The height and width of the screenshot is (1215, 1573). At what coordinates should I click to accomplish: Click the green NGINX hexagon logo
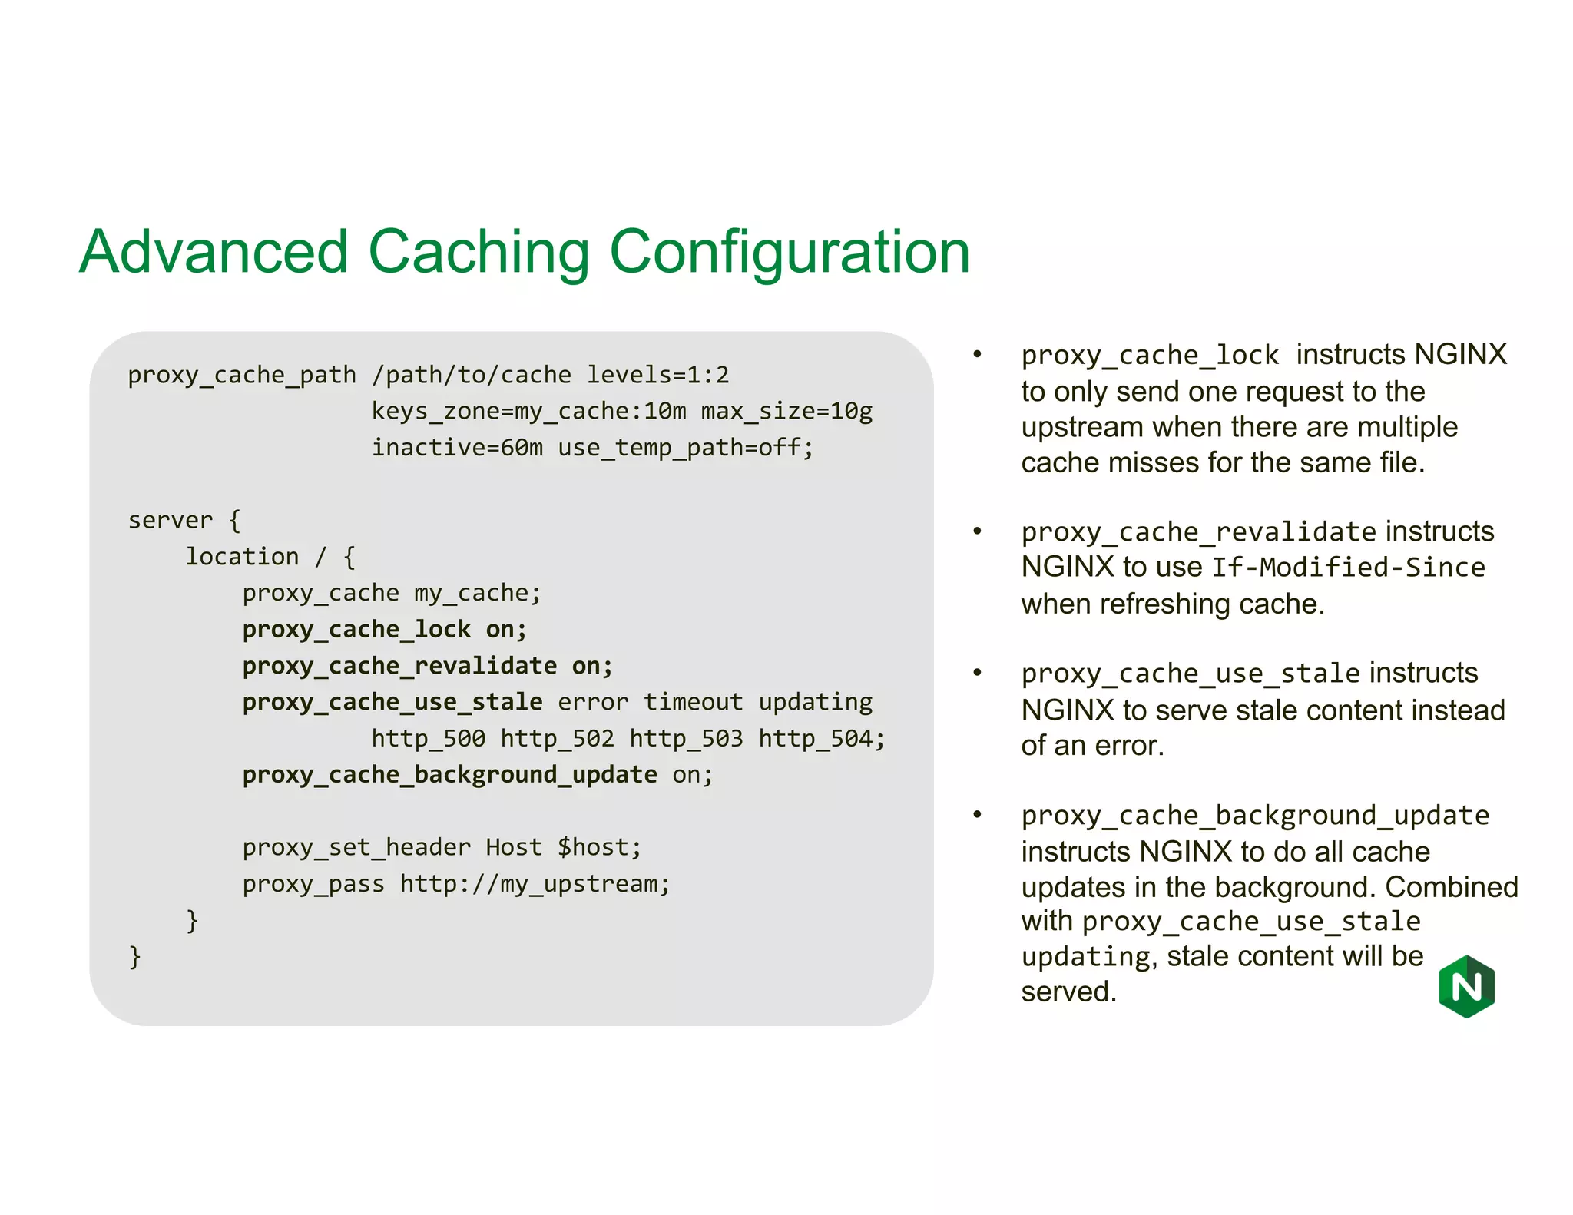(x=1466, y=986)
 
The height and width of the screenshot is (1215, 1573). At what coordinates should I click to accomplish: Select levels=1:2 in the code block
(x=657, y=375)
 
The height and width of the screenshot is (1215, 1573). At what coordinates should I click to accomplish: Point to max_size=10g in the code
(x=786, y=412)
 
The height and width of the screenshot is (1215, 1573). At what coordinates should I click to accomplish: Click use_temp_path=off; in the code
(x=685, y=447)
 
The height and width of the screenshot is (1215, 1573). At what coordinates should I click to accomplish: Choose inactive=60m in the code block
(x=457, y=447)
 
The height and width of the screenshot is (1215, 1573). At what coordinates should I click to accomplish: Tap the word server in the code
(x=170, y=520)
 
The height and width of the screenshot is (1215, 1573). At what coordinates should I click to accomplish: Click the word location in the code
(x=242, y=556)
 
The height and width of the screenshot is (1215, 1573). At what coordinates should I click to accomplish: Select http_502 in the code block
(x=557, y=739)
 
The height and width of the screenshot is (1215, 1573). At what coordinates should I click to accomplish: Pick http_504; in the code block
(x=821, y=739)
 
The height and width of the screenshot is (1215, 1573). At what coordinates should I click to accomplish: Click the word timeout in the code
(x=693, y=702)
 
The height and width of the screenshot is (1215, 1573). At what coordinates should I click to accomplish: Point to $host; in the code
(x=599, y=847)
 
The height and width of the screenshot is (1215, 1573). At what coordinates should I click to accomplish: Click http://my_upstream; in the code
(x=535, y=884)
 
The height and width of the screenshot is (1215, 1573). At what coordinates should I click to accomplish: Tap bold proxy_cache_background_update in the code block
(x=449, y=775)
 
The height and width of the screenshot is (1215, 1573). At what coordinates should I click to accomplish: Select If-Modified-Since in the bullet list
(x=1348, y=568)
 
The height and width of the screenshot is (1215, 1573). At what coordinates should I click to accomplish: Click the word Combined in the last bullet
(x=1452, y=887)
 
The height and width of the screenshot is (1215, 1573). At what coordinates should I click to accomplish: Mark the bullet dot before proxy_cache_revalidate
(x=977, y=531)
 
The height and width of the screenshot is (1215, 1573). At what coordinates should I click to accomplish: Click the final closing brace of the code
(x=135, y=957)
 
